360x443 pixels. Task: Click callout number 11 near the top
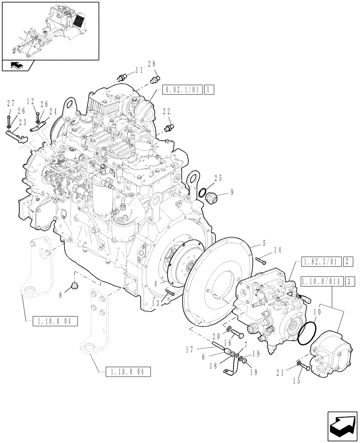tap(139, 70)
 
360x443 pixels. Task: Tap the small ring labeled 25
tap(202, 193)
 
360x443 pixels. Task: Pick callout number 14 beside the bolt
tap(278, 250)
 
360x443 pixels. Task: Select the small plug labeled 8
tap(74, 286)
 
